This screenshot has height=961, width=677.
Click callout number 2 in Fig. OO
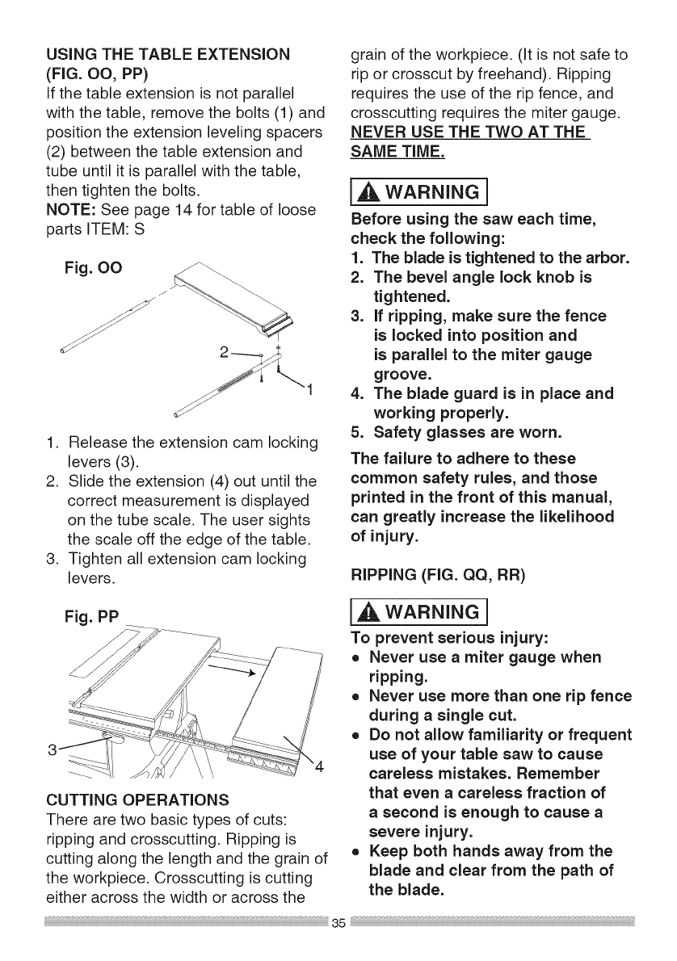(225, 353)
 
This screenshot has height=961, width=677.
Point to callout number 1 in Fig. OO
(309, 393)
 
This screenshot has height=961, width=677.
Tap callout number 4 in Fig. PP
(319, 766)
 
